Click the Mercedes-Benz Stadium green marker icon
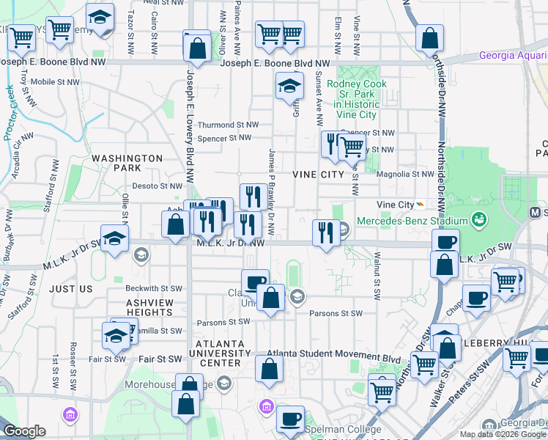[479, 219]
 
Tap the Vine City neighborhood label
[317, 175]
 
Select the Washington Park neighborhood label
[127, 163]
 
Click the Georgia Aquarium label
[513, 56]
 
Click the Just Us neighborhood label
[71, 289]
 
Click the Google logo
[24, 431]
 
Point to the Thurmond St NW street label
[228, 125]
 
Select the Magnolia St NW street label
[405, 175]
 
